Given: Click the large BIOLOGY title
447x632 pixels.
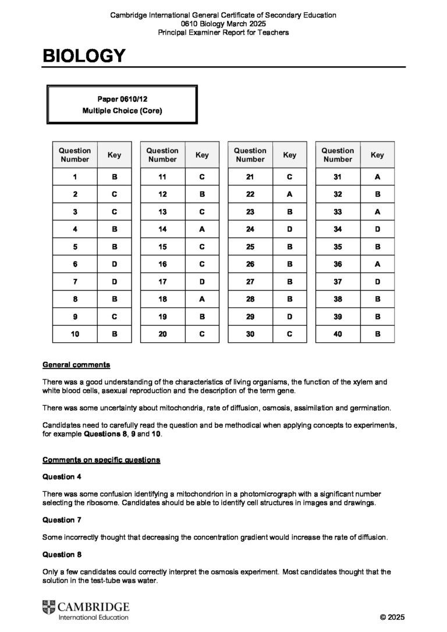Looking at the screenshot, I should point(84,56).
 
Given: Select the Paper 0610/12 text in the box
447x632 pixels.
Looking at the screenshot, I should point(122,99).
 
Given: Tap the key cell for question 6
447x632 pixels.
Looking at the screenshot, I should point(114,264).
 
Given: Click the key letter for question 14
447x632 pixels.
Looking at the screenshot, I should point(202,229).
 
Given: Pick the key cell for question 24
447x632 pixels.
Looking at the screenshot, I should point(289,229).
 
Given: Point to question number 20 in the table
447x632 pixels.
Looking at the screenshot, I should point(162,334).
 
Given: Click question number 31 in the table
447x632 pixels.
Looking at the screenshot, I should point(338,177).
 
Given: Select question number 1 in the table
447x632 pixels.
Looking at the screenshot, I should point(75,177).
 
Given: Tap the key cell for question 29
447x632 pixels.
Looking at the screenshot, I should point(289,317).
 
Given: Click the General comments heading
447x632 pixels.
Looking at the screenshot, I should point(76,365).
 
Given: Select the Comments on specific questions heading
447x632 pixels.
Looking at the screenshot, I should point(101,460).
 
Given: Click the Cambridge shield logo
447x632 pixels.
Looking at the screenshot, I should point(49,609).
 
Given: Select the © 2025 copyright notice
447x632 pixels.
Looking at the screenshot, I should point(392,617).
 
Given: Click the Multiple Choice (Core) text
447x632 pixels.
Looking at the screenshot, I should point(122,110).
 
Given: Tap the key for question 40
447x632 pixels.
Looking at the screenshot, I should point(377,334).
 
